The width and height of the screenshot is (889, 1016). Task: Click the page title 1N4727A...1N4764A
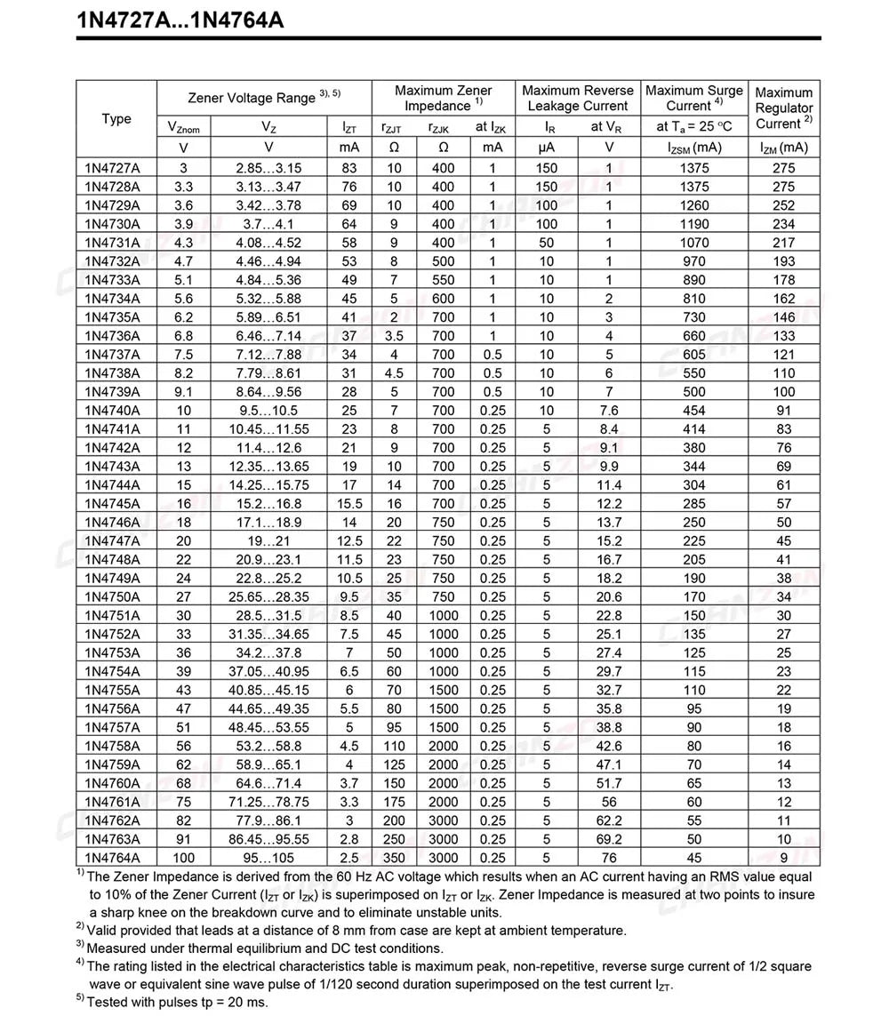[180, 20]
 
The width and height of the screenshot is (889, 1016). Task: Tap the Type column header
[116, 118]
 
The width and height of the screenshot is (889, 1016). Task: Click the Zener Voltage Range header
[264, 97]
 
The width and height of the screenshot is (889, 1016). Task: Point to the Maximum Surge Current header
[694, 98]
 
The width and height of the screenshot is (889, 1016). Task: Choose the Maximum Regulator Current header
[784, 108]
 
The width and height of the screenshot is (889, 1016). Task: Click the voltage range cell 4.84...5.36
[268, 280]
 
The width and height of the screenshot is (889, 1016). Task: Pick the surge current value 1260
[694, 205]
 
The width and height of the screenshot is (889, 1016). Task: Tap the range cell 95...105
[268, 858]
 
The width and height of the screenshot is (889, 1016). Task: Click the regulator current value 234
[784, 224]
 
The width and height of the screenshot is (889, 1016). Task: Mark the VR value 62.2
[609, 820]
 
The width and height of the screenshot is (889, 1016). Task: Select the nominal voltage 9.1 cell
[183, 392]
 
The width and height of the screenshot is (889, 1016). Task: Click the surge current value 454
[694, 411]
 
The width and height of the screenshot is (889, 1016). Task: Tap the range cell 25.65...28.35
[268, 597]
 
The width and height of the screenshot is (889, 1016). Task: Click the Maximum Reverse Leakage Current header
[578, 98]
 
